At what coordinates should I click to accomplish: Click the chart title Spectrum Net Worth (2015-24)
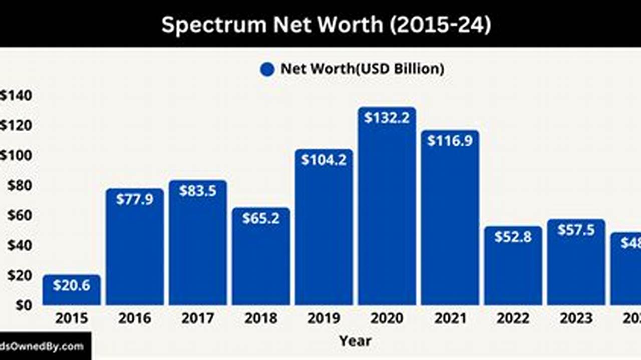coord(326,24)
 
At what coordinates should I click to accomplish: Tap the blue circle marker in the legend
coord(267,69)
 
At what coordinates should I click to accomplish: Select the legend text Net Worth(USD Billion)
coord(362,69)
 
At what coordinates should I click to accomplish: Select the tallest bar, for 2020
coord(387,210)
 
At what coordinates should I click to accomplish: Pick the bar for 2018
coord(260,260)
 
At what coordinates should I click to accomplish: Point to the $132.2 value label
coord(387,118)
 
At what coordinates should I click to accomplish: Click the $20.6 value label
coord(72,285)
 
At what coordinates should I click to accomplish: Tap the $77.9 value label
coord(135,199)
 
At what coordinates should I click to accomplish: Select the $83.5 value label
coord(198,191)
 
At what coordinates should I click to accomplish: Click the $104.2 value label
coord(324,160)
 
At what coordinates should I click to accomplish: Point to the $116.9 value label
coord(450,141)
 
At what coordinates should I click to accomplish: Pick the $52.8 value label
coord(513,237)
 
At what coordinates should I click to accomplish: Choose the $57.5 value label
coord(576,230)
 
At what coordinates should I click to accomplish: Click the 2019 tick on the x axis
coord(324,318)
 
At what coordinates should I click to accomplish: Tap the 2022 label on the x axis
coord(513,318)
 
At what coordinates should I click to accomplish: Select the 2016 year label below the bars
coord(135,318)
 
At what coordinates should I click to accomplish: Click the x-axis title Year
coord(355,341)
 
